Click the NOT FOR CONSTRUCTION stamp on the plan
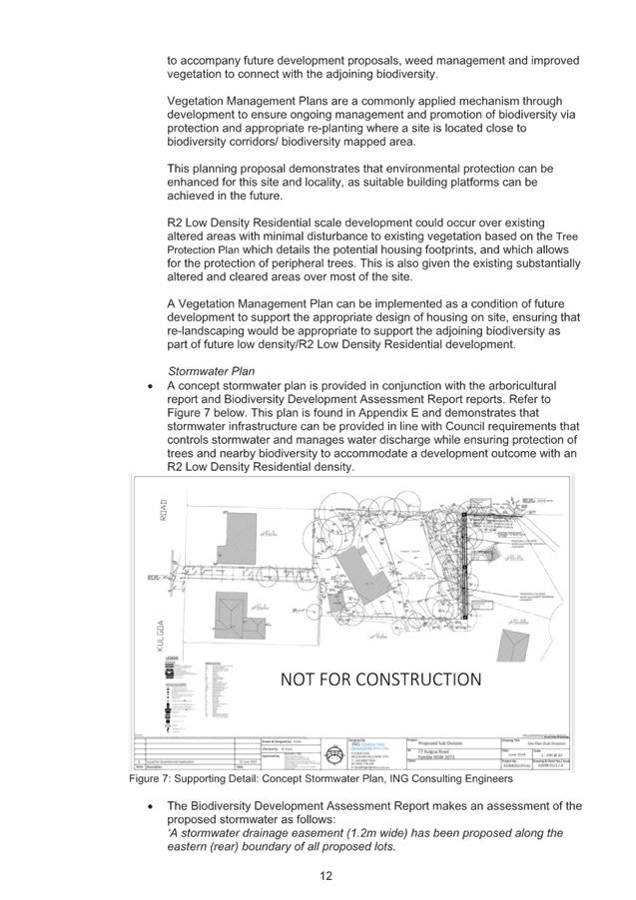(x=380, y=679)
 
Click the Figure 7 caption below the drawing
(x=321, y=777)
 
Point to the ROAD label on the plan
(x=164, y=510)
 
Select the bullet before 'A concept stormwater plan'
(x=149, y=385)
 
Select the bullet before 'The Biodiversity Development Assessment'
(x=149, y=806)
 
